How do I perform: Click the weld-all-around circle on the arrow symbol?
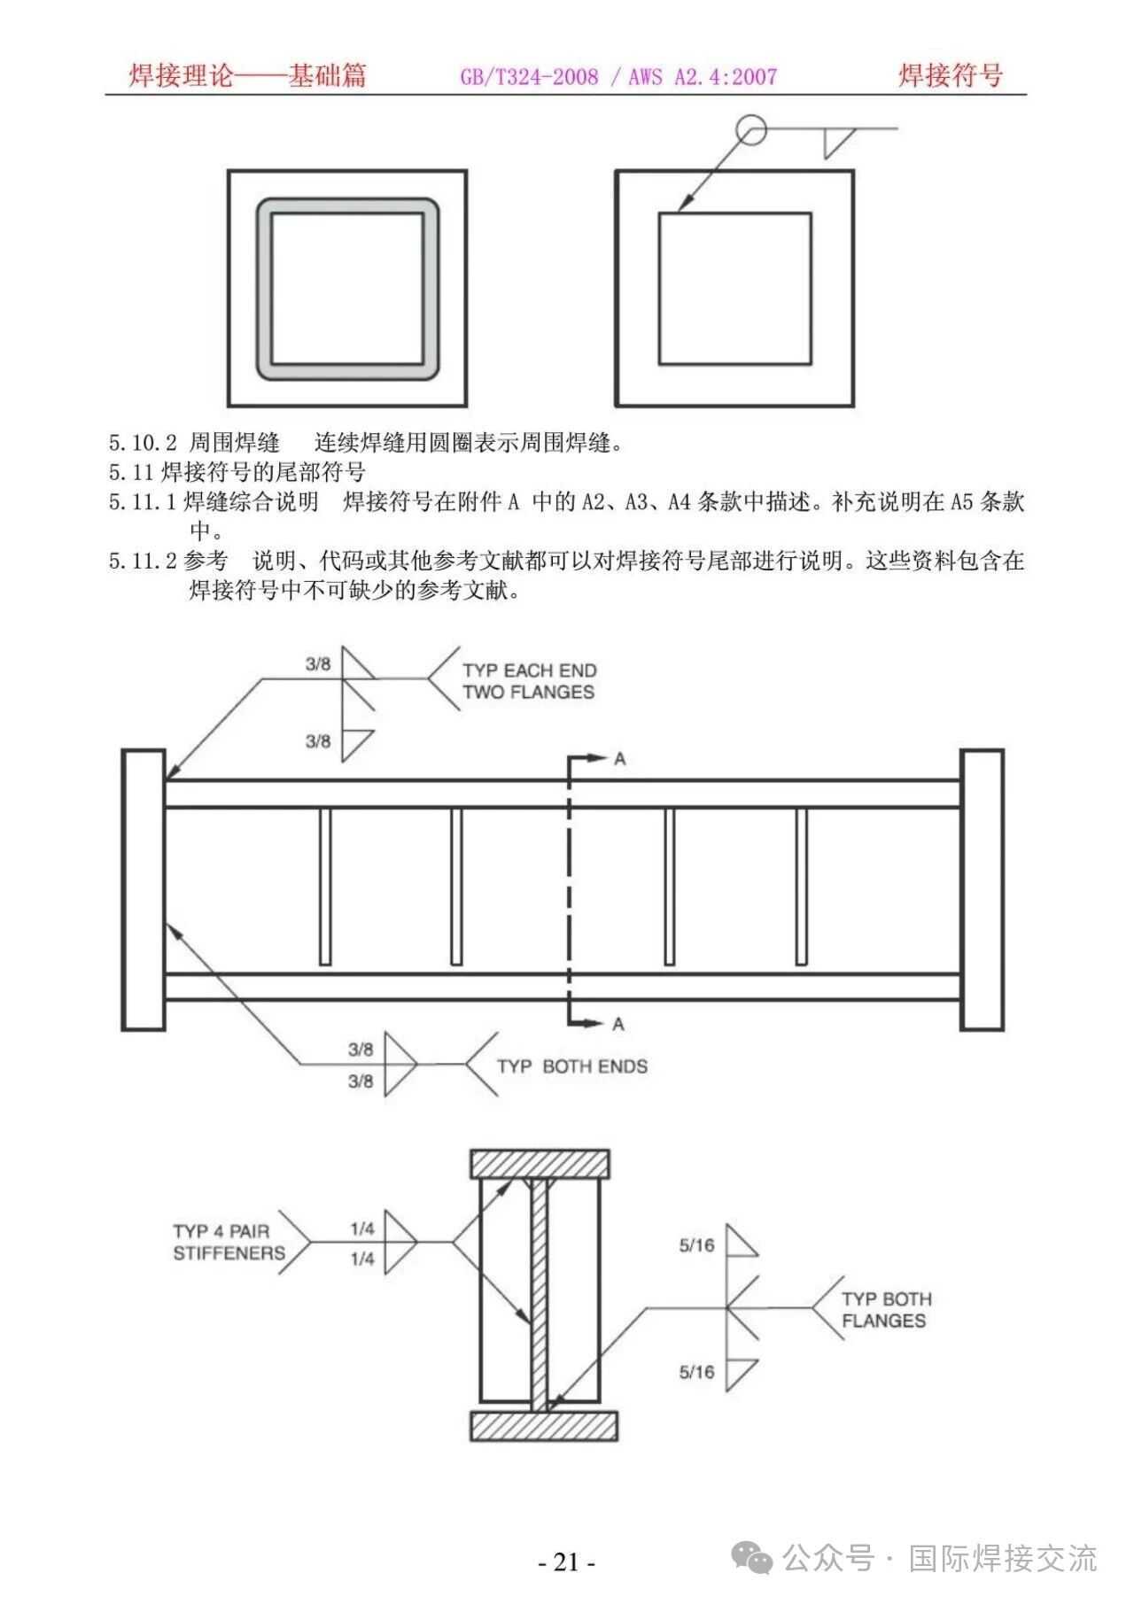pyautogui.click(x=751, y=129)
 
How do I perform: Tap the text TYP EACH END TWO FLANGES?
pyautogui.click(x=529, y=681)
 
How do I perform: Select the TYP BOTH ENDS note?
pyautogui.click(x=571, y=1066)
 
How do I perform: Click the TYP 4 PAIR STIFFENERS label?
pyautogui.click(x=229, y=1242)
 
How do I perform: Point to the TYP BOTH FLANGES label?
pyautogui.click(x=885, y=1310)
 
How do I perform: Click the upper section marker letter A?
pyautogui.click(x=619, y=759)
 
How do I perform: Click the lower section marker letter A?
pyautogui.click(x=618, y=1024)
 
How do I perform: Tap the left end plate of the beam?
pyautogui.click(x=143, y=889)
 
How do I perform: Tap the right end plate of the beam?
pyautogui.click(x=982, y=889)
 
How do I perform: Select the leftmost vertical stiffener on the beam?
pyautogui.click(x=325, y=886)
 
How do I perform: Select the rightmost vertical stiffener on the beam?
pyautogui.click(x=801, y=886)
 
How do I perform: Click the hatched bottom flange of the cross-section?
pyautogui.click(x=543, y=1426)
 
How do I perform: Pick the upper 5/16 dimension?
pyautogui.click(x=696, y=1245)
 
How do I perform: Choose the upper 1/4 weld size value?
pyautogui.click(x=362, y=1228)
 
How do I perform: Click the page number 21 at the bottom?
pyautogui.click(x=566, y=1561)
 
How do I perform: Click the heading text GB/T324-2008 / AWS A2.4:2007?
pyautogui.click(x=617, y=77)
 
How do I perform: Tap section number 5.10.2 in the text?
pyautogui.click(x=143, y=443)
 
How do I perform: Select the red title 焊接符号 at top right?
pyautogui.click(x=951, y=75)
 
